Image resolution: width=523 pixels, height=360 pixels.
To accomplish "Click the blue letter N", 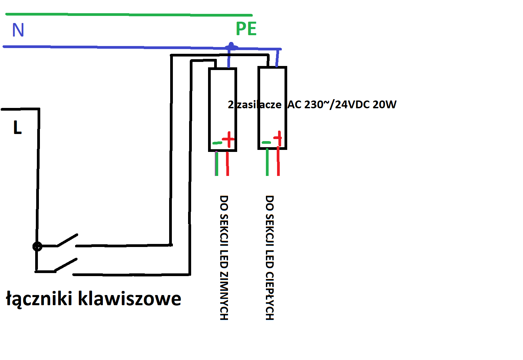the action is [18, 30].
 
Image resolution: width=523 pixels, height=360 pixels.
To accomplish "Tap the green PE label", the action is [246, 29].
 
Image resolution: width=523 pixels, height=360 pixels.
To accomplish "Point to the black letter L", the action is [18, 127].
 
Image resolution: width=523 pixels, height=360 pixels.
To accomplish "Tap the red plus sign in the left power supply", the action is [228, 139].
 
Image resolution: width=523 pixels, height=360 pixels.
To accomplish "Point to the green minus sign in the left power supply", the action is [217, 143].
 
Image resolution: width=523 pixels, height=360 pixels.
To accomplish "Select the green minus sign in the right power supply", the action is [266, 142].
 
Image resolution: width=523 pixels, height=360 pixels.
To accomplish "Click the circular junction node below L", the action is [37, 247].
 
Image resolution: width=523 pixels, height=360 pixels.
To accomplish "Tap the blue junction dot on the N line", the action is [231, 46].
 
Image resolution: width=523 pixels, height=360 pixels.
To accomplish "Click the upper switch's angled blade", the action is [68, 240].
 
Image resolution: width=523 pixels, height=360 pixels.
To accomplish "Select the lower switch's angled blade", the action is [66, 265].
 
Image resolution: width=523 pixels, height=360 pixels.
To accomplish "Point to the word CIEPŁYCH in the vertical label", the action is [270, 296].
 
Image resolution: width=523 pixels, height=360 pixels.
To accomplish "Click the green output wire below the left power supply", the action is [217, 163].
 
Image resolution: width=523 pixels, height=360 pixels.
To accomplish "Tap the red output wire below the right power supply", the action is [278, 161].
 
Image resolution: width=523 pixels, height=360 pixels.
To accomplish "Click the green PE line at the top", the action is [129, 15].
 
